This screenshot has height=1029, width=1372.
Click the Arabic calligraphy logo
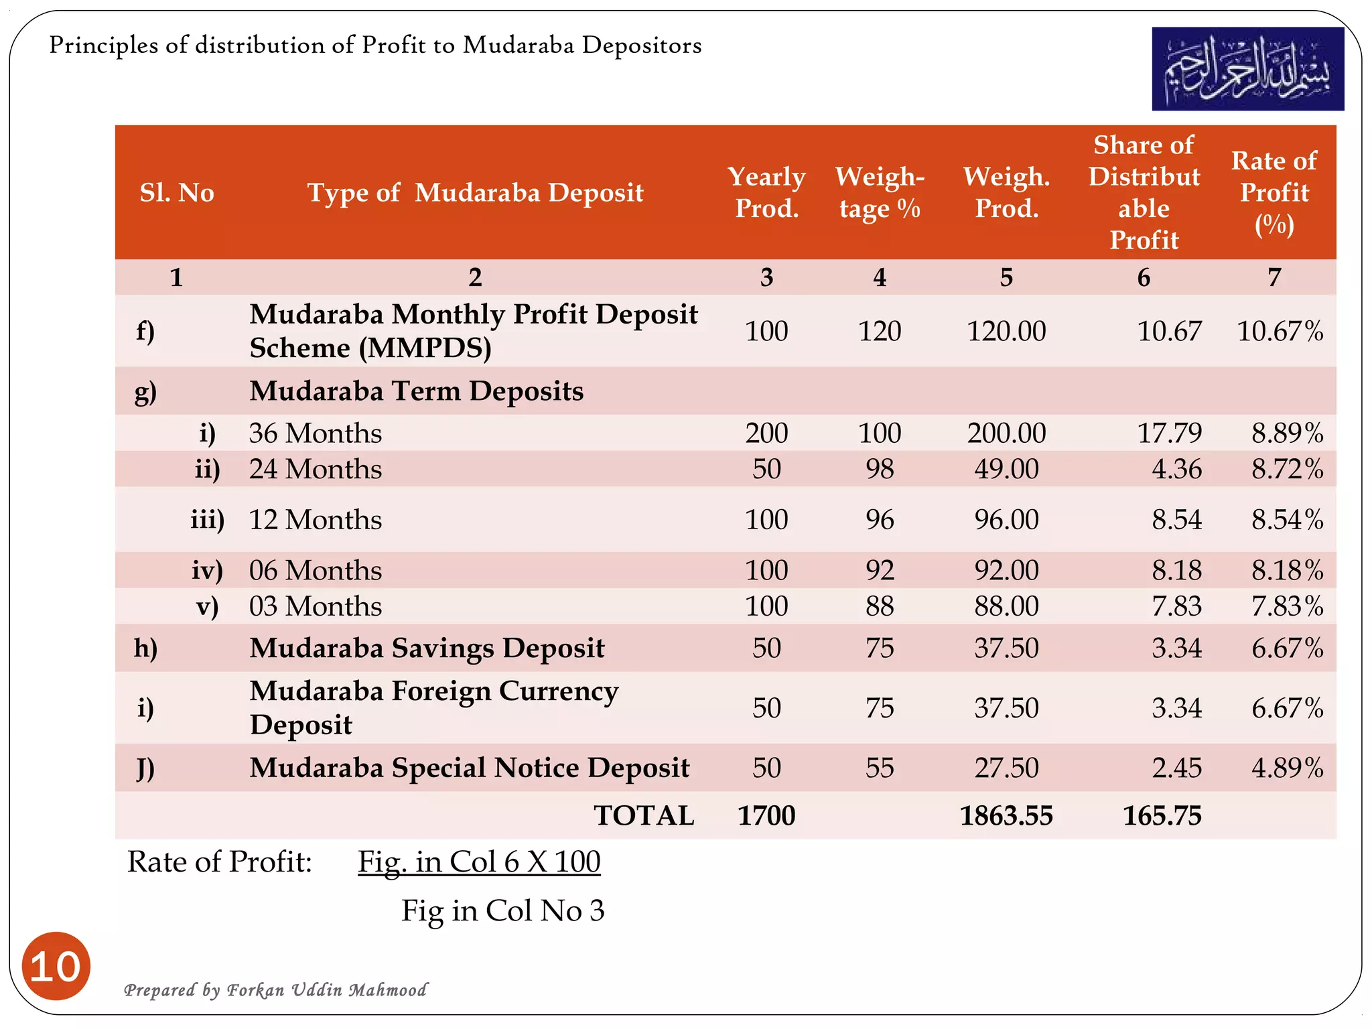(x=1247, y=69)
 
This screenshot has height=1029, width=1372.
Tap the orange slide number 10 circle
(x=56, y=966)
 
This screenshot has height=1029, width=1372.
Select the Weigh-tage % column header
(x=880, y=192)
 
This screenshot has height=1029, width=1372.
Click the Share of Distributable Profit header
(x=1144, y=192)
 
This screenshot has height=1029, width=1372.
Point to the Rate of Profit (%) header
(x=1274, y=192)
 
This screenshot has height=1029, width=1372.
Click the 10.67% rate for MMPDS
(x=1280, y=332)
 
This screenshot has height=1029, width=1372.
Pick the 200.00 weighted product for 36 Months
(x=1006, y=433)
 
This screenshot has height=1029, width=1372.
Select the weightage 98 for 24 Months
(x=880, y=469)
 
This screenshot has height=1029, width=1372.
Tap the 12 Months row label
(x=316, y=520)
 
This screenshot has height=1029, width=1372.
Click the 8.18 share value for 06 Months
(x=1176, y=571)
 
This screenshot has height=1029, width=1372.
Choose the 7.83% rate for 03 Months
(x=1287, y=606)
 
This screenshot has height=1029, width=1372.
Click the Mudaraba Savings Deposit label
(x=427, y=648)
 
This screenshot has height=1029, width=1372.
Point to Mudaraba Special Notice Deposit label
(x=469, y=768)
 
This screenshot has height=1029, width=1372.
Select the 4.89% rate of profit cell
(x=1287, y=768)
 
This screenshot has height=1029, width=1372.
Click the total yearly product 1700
(x=766, y=816)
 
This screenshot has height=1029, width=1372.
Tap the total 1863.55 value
(x=1006, y=816)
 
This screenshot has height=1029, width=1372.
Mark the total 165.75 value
(x=1162, y=816)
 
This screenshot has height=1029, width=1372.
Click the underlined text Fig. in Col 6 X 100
(x=479, y=862)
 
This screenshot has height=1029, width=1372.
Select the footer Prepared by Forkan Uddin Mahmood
(x=275, y=990)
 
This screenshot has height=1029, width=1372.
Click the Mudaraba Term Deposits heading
(x=416, y=391)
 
